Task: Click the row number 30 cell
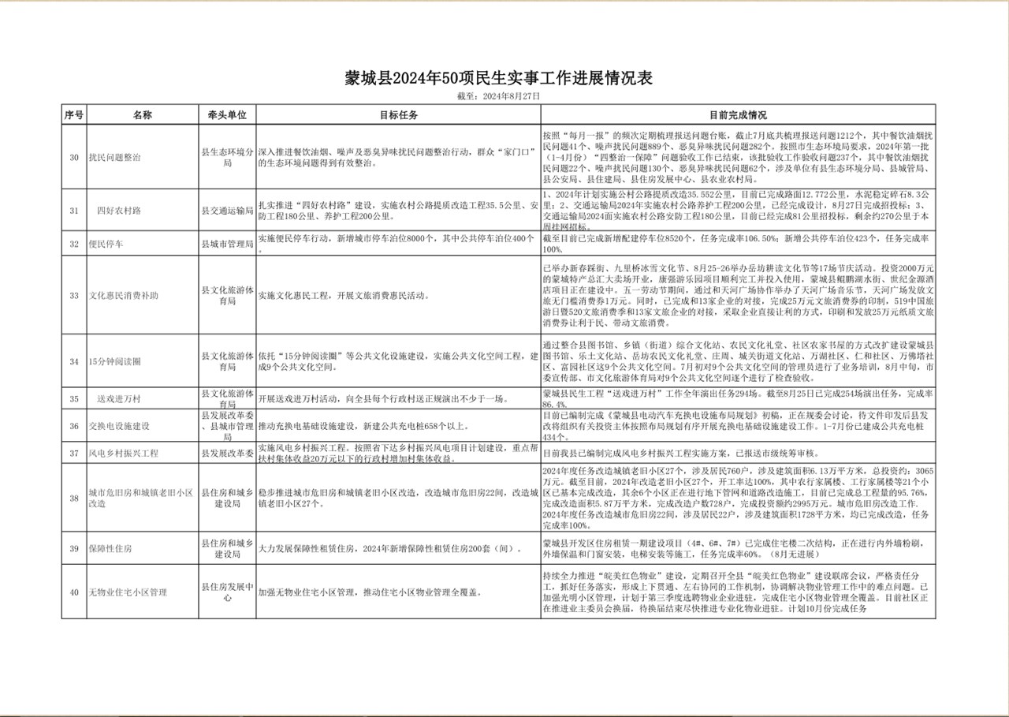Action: point(73,158)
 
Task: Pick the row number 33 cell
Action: point(73,296)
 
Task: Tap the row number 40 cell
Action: point(73,592)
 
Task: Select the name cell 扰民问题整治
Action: point(115,158)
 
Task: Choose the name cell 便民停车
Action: point(106,244)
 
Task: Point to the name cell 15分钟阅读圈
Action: point(115,361)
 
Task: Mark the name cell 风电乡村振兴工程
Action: point(124,454)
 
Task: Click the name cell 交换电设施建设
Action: point(119,426)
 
